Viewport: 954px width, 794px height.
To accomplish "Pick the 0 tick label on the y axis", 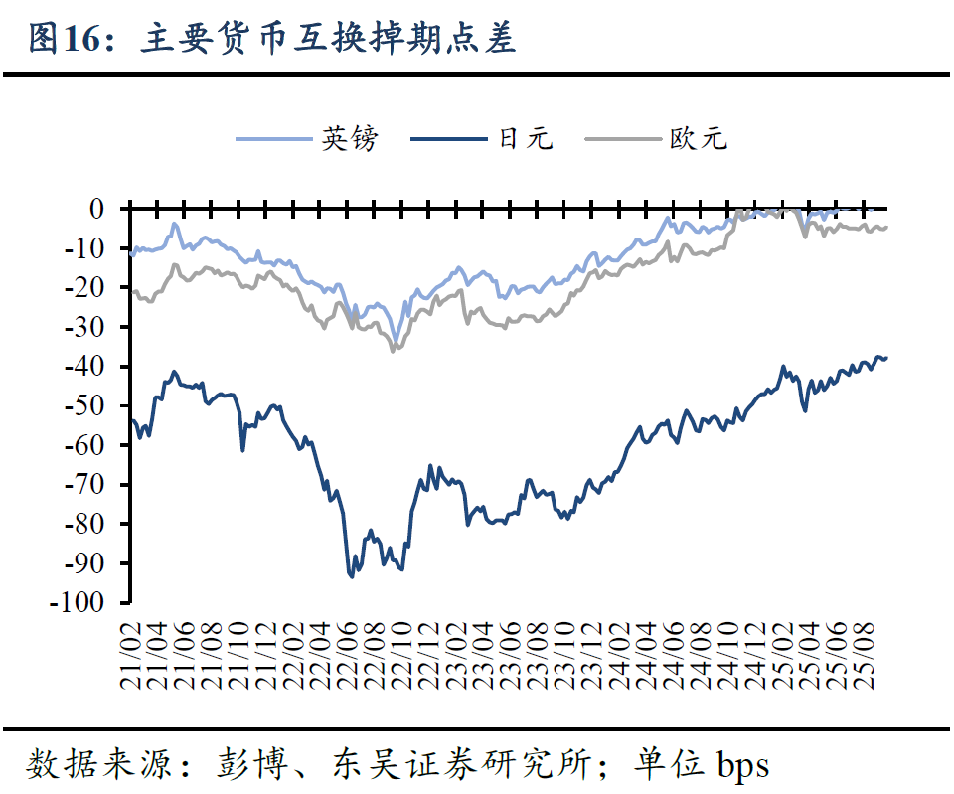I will [96, 209].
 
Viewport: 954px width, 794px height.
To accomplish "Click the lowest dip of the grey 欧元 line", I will [394, 351].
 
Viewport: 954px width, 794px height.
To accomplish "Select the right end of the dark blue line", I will [886, 358].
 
